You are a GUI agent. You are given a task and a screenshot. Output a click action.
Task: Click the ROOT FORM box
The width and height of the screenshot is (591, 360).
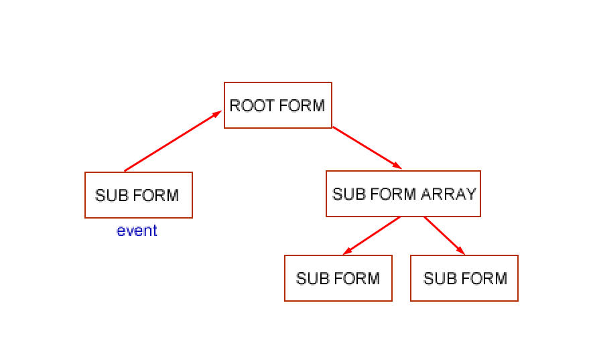click(x=278, y=105)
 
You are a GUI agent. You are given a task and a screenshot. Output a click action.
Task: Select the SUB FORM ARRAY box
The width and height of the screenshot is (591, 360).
click(x=403, y=194)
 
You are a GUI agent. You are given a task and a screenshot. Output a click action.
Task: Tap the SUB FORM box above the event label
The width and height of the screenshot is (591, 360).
click(x=139, y=195)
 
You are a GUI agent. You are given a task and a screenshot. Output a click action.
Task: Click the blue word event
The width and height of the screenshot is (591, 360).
click(x=137, y=231)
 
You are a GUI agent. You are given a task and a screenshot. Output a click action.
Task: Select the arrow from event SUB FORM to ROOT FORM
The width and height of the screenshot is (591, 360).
click(x=172, y=141)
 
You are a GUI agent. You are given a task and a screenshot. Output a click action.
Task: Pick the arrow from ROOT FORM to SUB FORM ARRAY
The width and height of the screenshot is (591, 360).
click(x=367, y=147)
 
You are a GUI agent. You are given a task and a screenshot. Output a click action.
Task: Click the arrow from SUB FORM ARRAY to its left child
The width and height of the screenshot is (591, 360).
click(x=373, y=235)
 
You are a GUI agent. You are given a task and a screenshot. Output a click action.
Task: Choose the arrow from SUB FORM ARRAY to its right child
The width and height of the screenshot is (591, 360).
click(x=444, y=235)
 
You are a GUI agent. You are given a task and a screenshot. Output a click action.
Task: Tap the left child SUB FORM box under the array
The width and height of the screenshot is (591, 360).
click(x=338, y=278)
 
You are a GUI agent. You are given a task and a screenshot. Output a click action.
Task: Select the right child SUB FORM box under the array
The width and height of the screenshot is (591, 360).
click(x=464, y=278)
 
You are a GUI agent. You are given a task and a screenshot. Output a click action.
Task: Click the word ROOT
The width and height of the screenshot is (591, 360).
click(x=246, y=105)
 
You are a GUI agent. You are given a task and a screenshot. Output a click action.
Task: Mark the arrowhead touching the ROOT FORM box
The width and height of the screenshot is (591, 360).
click(x=217, y=114)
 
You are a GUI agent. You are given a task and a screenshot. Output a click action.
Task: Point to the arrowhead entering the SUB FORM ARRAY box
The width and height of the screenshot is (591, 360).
click(x=397, y=166)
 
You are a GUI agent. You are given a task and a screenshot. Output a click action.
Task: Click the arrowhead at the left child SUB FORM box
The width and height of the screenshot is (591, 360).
click(x=347, y=251)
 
